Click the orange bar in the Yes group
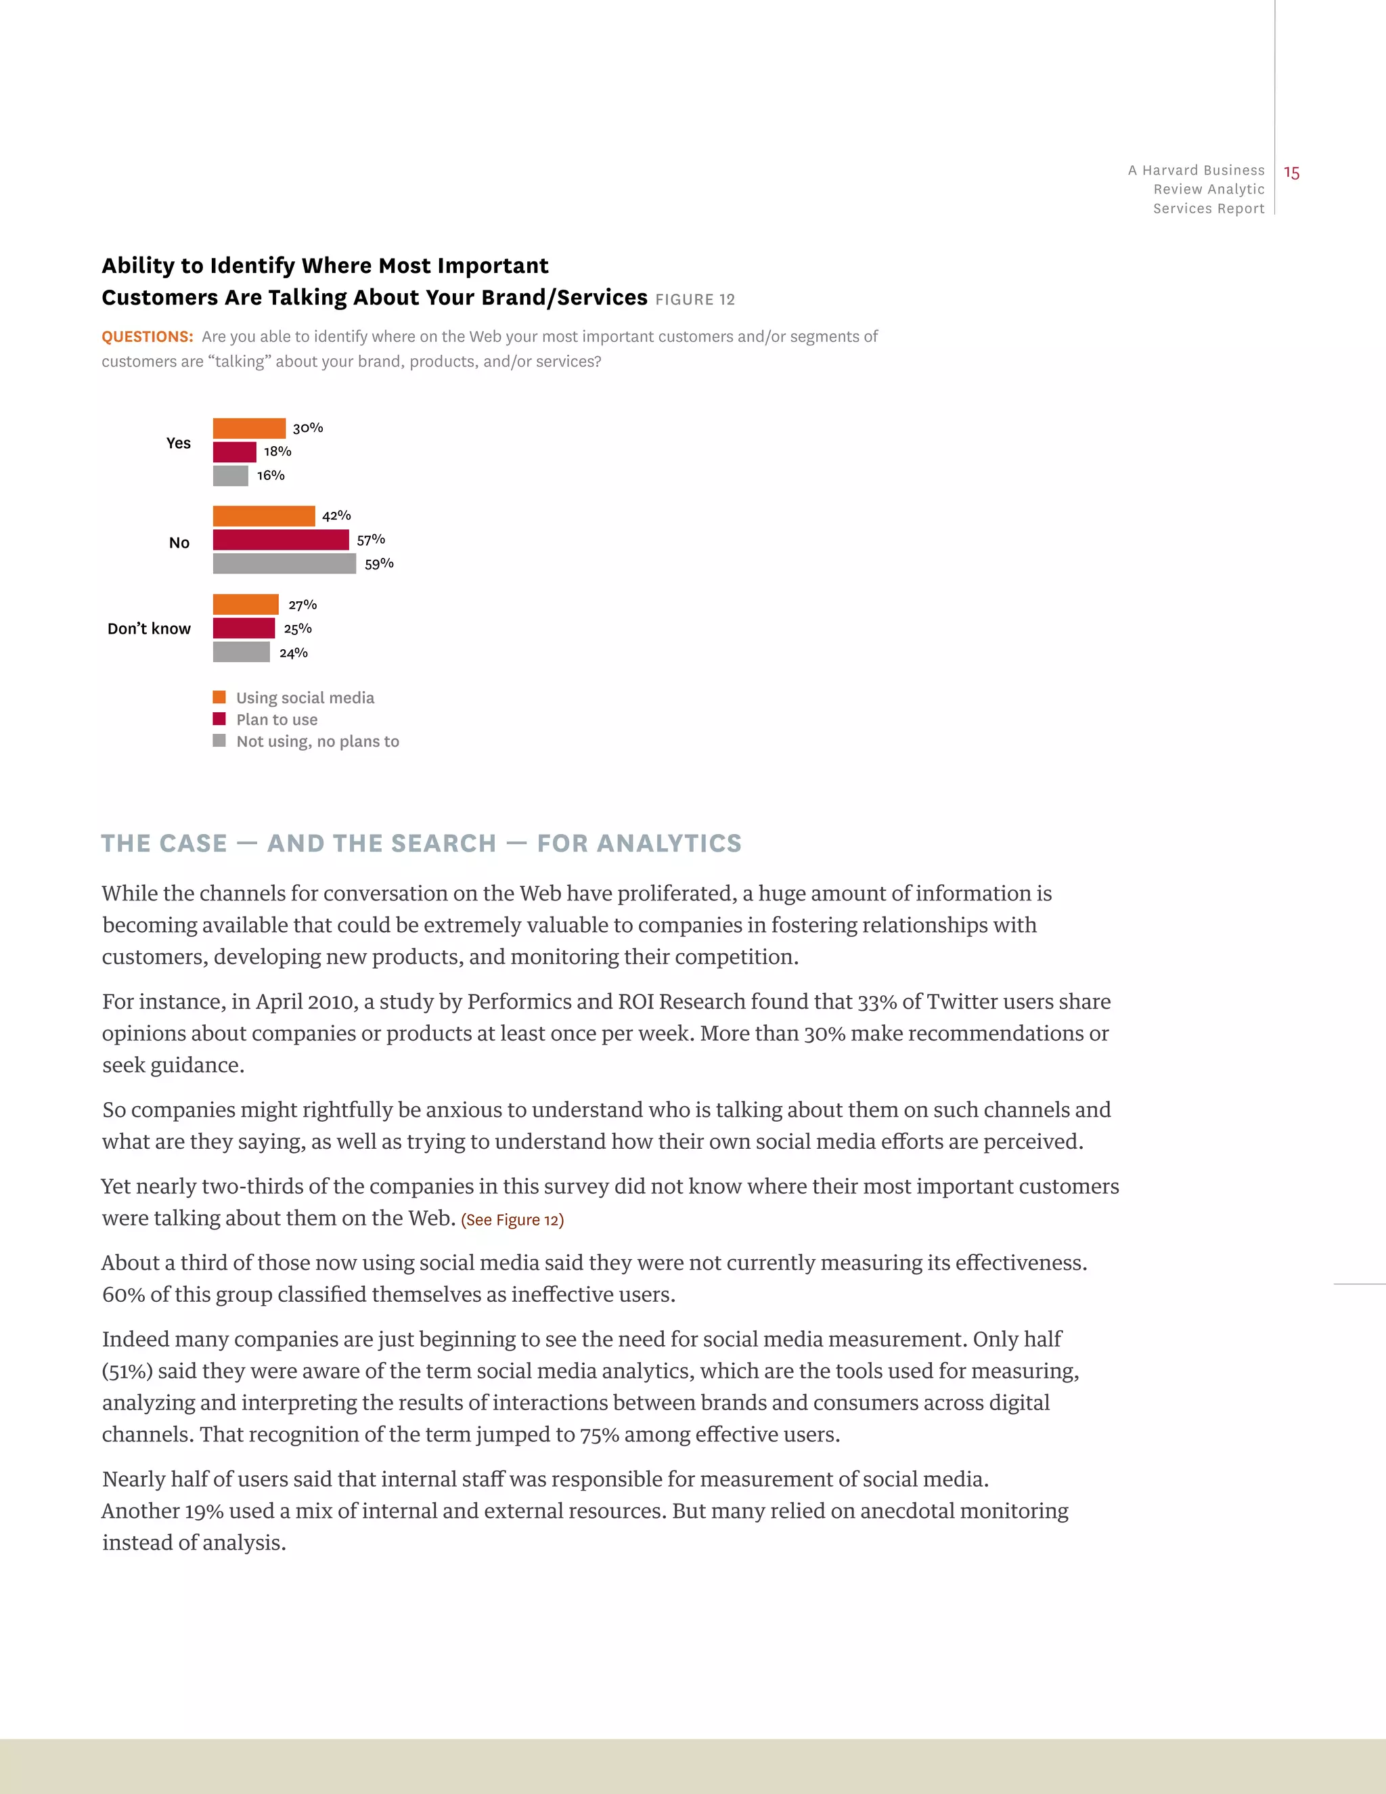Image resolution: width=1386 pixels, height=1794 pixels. [x=249, y=428]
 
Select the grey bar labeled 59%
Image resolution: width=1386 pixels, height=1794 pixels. [x=284, y=563]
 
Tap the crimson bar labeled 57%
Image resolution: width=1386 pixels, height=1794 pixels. [x=281, y=540]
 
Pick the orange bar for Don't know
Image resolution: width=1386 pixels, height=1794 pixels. [x=246, y=605]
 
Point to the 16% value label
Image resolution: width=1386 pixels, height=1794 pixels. [x=271, y=476]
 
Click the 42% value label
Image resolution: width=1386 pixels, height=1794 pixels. [x=336, y=516]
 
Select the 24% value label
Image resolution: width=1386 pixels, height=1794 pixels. [x=293, y=653]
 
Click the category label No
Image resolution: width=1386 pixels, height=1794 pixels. [x=179, y=543]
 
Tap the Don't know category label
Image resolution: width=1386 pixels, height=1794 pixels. [x=149, y=628]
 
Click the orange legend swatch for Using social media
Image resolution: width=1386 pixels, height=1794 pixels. [x=219, y=697]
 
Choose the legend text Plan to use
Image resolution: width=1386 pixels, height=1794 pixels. [x=277, y=720]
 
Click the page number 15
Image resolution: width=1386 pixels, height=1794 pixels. [x=1291, y=173]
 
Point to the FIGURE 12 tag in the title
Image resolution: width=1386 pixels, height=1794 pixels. [x=694, y=300]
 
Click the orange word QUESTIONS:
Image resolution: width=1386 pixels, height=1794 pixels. [x=147, y=336]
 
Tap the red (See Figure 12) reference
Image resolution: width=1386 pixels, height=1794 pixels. [x=512, y=1220]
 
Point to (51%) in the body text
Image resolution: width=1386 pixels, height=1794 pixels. [x=127, y=1371]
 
